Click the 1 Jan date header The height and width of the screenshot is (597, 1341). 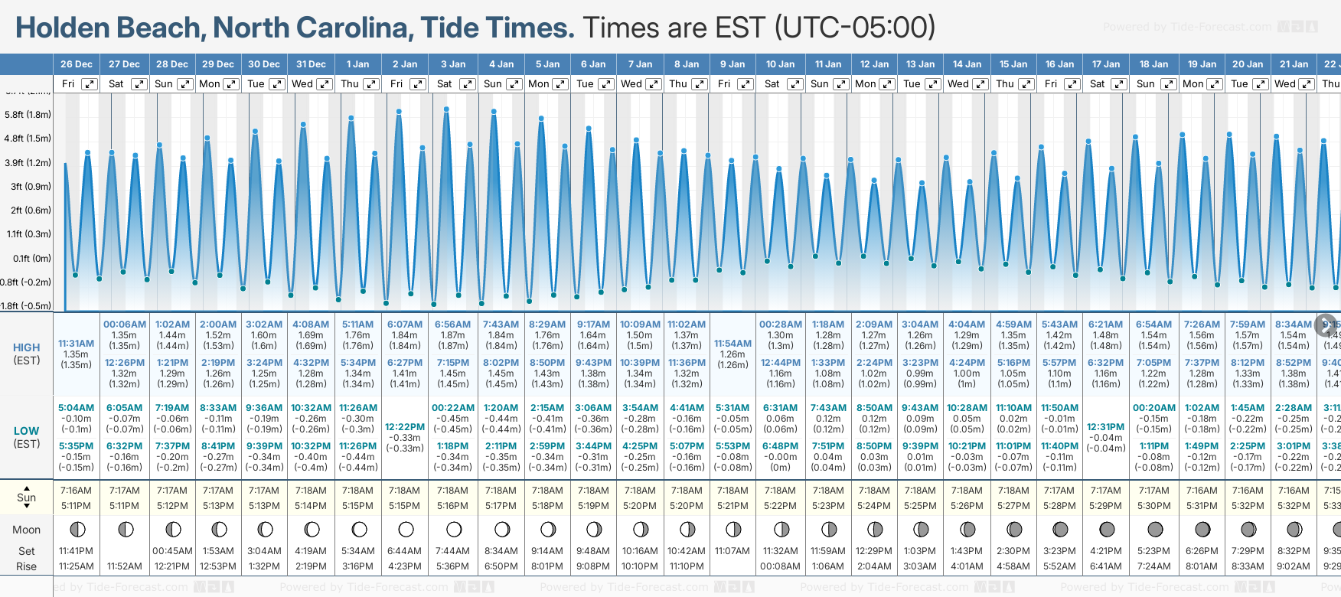click(x=357, y=64)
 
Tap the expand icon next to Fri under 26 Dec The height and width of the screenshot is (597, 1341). click(x=90, y=84)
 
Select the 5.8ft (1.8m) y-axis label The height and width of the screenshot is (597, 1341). click(x=28, y=115)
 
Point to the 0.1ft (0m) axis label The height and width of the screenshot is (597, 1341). click(x=31, y=258)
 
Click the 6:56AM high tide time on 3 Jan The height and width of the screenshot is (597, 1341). click(x=452, y=325)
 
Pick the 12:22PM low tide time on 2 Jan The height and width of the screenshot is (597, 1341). click(x=404, y=427)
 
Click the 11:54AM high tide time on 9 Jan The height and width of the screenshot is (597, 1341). click(x=732, y=344)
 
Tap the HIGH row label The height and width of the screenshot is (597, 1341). click(x=27, y=347)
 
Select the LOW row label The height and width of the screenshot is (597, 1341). click(x=27, y=432)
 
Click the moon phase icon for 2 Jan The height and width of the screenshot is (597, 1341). click(x=406, y=530)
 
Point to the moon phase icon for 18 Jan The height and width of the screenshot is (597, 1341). click(x=1155, y=530)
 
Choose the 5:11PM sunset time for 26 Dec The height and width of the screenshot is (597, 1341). click(x=77, y=506)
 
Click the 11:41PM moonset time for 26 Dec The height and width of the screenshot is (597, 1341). click(x=77, y=551)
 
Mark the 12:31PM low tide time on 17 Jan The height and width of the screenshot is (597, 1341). click(x=1105, y=427)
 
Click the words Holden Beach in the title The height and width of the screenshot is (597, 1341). click(x=108, y=28)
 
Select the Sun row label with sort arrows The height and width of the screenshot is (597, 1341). click(x=27, y=497)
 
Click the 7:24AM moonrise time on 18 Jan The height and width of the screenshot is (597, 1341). click(x=1153, y=566)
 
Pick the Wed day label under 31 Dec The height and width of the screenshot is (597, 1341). click(x=302, y=84)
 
